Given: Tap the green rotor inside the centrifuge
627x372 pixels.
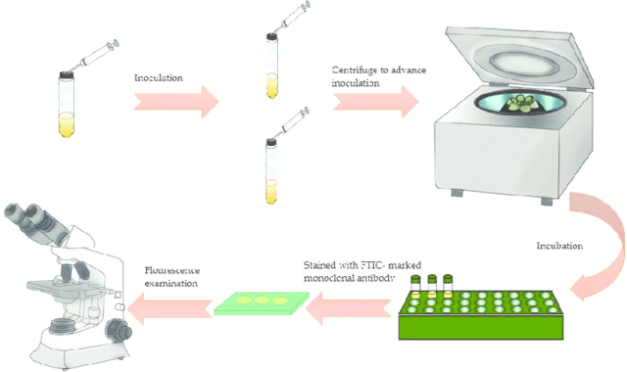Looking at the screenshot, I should [x=520, y=101].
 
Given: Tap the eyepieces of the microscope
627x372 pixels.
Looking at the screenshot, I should [x=34, y=220].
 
